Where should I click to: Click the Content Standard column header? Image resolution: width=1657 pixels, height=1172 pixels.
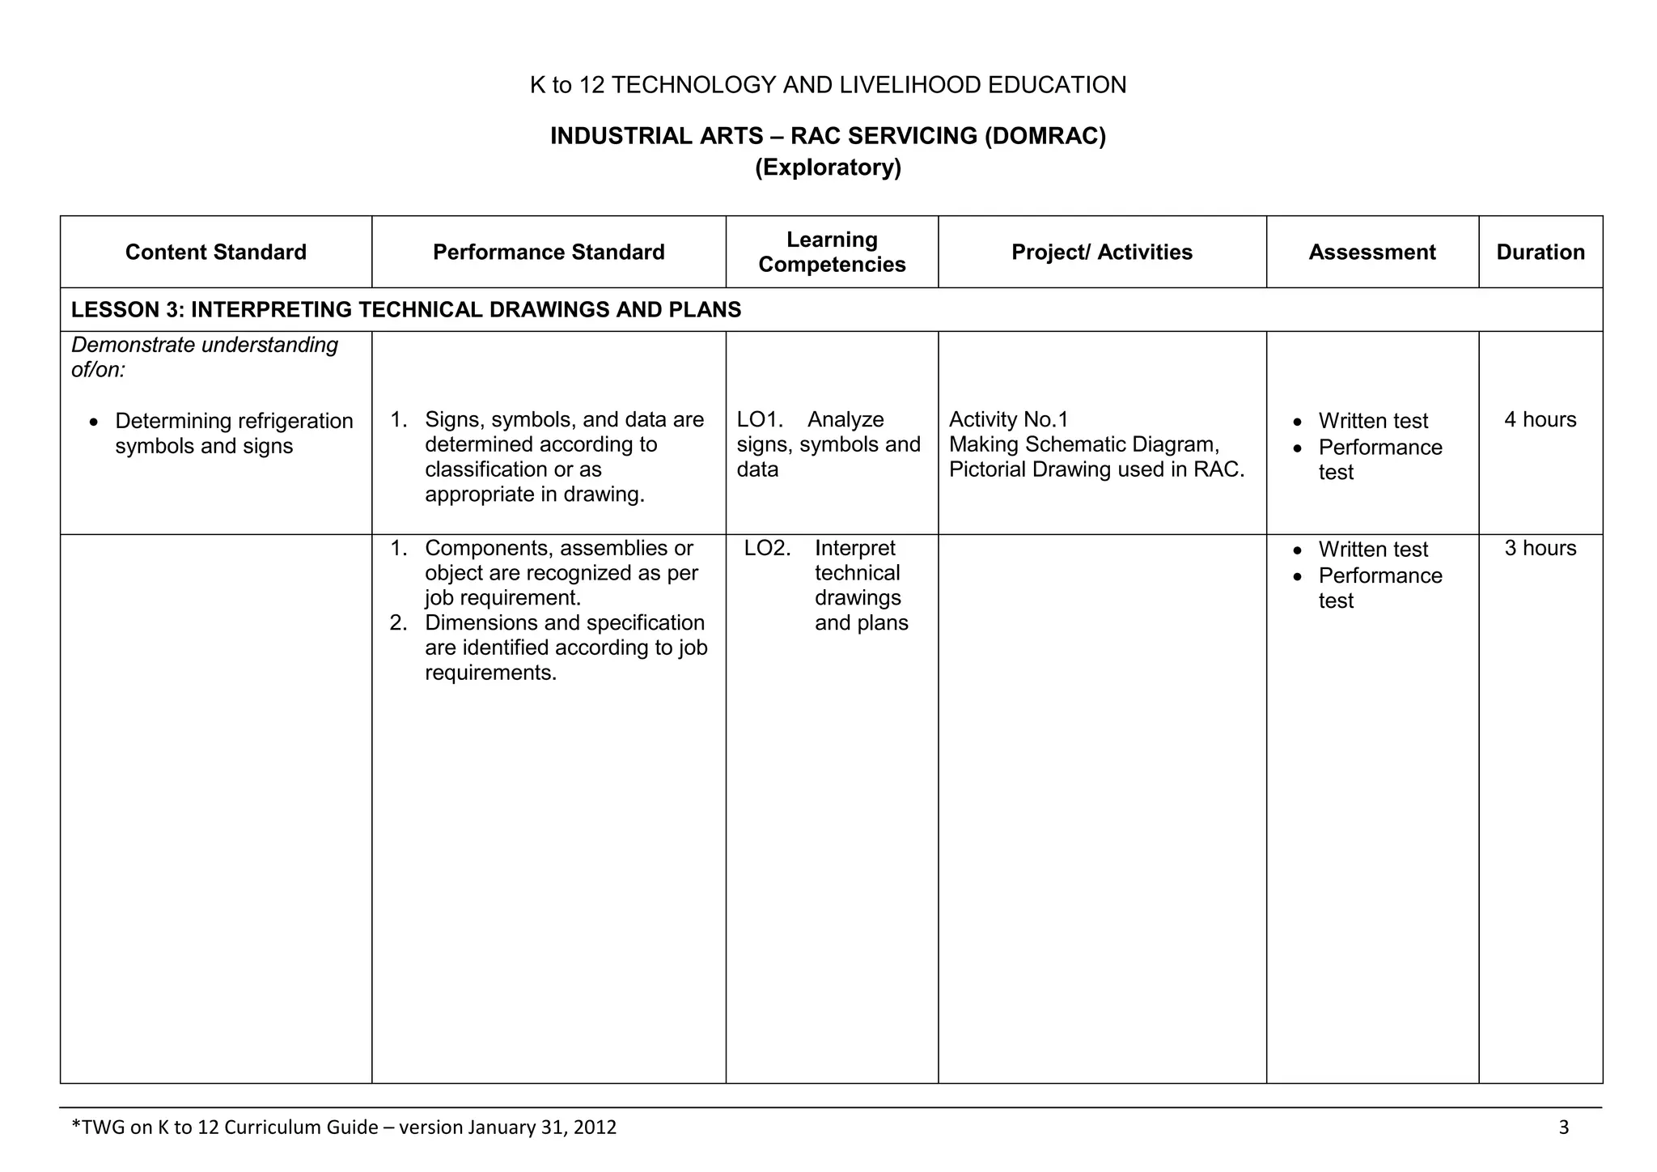(x=216, y=253)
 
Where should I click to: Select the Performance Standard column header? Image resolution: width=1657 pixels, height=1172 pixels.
(x=549, y=253)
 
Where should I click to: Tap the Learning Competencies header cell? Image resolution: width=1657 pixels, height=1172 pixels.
(x=832, y=252)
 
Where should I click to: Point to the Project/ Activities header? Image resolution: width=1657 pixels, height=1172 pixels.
(x=1102, y=253)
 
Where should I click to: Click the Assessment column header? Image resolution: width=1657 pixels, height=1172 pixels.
(x=1372, y=253)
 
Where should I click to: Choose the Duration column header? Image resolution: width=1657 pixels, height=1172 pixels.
(x=1540, y=253)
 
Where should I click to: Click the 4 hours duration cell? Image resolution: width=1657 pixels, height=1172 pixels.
(x=1540, y=420)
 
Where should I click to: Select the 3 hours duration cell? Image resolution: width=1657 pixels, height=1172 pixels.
(x=1540, y=549)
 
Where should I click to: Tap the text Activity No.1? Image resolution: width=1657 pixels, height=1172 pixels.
(x=1008, y=420)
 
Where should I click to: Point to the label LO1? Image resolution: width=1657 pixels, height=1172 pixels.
(x=759, y=420)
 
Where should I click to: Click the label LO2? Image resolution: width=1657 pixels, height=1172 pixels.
(x=766, y=549)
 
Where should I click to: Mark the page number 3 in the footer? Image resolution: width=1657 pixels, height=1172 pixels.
(x=1563, y=1127)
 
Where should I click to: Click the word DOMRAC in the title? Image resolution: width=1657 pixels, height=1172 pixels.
(x=1045, y=136)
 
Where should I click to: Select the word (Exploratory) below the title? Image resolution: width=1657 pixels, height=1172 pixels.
(x=828, y=168)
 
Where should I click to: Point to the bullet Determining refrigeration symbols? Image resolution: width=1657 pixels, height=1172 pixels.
(x=234, y=434)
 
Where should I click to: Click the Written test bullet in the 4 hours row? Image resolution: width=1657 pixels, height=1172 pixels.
(x=1373, y=421)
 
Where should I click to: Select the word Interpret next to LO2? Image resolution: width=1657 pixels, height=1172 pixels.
(x=855, y=549)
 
